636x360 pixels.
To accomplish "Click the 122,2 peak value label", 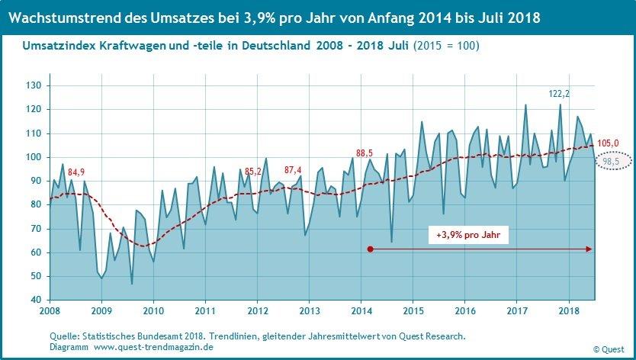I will (561, 94).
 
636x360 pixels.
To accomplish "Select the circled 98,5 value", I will (612, 162).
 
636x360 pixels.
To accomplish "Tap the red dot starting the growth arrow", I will (370, 249).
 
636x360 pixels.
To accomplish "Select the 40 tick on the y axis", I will (35, 300).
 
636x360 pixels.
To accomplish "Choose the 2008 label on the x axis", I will (50, 312).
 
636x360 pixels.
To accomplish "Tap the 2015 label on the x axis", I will (413, 312).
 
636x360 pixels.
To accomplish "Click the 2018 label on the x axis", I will (569, 312).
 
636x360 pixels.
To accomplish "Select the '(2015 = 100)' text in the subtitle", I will (446, 47).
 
